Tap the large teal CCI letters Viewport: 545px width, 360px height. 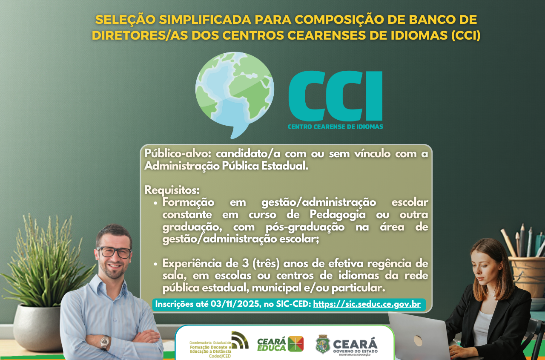pos(335,96)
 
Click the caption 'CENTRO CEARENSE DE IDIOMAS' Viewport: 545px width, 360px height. pos(335,127)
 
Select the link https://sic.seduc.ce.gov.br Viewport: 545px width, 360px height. pos(367,304)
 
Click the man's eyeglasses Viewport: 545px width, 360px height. pos(114,252)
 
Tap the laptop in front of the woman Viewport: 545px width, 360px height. pos(419,337)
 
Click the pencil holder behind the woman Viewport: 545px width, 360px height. pos(527,277)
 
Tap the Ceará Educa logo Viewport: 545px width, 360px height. pos(280,344)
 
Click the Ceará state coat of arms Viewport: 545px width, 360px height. pos(323,344)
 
